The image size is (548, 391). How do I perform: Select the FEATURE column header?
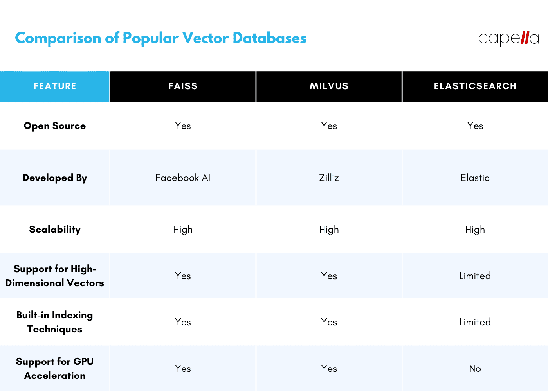pos(55,86)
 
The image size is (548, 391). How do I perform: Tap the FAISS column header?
pos(183,86)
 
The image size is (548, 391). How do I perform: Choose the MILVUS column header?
pos(329,86)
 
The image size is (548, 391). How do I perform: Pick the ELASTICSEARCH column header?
pos(475,86)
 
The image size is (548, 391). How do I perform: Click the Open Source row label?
pos(55,126)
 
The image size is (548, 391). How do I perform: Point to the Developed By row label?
pos(55,178)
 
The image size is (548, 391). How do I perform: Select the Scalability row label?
pos(55,230)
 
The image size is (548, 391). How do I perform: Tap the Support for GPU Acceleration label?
pos(55,368)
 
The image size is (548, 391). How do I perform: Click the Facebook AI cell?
pos(183,178)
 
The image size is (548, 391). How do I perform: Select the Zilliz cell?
pos(329,178)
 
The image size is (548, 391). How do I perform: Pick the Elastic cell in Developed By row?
pos(475,178)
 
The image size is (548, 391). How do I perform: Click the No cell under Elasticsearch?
pos(475,369)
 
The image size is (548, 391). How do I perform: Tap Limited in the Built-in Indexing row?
pos(475,322)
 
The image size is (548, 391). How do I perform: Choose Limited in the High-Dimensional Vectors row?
pos(475,276)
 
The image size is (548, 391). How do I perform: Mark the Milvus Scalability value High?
pos(329,230)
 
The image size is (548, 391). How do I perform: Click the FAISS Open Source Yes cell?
pos(183,126)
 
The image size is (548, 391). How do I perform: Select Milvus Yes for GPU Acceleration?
pos(329,369)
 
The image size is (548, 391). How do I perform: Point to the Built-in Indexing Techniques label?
pos(55,322)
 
